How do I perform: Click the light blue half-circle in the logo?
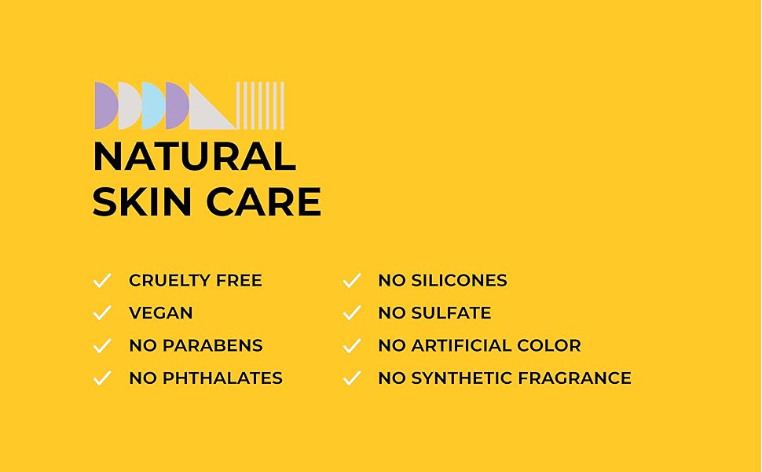click(152, 105)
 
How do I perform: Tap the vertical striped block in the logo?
click(260, 105)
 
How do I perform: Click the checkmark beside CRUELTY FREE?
click(102, 281)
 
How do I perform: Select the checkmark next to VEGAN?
click(102, 313)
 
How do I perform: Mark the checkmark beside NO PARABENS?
click(102, 345)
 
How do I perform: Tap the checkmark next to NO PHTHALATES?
click(102, 378)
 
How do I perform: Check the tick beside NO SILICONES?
click(351, 281)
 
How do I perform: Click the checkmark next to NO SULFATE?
click(351, 313)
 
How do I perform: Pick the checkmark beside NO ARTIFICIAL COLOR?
click(351, 345)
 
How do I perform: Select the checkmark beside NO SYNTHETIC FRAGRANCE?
click(351, 378)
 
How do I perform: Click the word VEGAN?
click(161, 313)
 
